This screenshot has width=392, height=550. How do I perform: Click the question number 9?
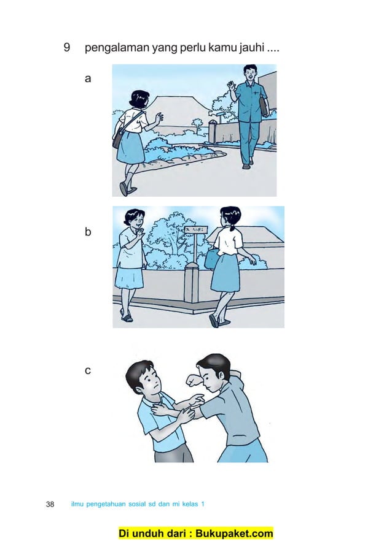[x=67, y=47]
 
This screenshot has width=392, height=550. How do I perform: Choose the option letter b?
[x=88, y=232]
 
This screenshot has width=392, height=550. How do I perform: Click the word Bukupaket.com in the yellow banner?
[x=230, y=533]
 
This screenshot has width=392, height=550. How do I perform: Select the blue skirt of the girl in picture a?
[x=130, y=148]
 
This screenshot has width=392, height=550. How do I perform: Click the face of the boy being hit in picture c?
[x=146, y=384]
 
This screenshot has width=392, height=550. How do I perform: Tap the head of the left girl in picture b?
[x=134, y=218]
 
